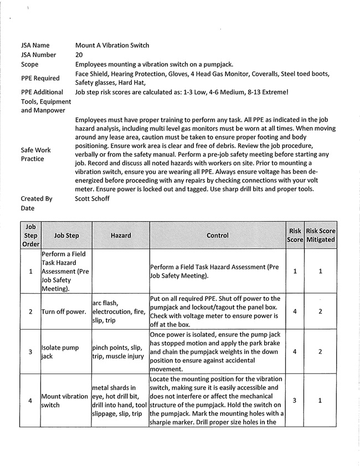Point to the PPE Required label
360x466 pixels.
tap(40, 78)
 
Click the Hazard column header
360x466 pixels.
tap(121, 235)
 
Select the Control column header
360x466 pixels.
tap(217, 235)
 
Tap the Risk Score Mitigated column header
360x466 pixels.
tap(321, 235)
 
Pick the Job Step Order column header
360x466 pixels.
tap(30, 235)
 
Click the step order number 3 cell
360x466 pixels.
tap(30, 351)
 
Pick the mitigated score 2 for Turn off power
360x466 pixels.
tap(321, 311)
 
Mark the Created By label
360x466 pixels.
tap(37, 198)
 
